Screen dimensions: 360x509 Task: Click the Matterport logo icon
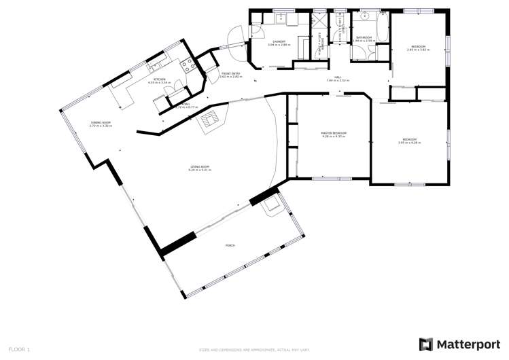[425, 344]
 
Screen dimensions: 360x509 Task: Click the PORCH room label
[230, 245]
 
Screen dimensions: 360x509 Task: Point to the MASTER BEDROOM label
[334, 134]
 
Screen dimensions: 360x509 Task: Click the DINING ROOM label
[101, 124]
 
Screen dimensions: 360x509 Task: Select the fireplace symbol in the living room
[210, 119]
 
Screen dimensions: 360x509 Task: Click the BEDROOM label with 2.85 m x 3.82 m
[416, 48]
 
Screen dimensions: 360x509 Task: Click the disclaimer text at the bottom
[254, 349]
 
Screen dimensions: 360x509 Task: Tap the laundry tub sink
[281, 18]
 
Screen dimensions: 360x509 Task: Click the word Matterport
[464, 344]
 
